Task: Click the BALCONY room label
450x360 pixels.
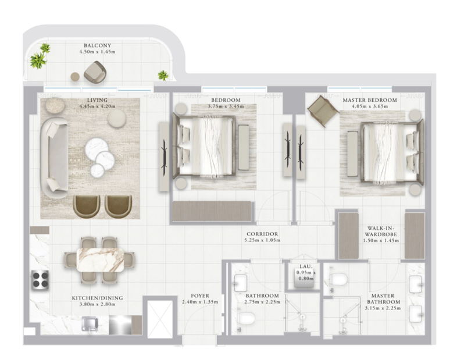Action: [x=97, y=45]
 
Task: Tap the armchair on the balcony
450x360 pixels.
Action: [x=95, y=72]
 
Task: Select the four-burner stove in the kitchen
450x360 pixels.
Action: [x=40, y=280]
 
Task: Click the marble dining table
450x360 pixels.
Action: [x=100, y=260]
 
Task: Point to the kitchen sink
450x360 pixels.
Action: [x=90, y=325]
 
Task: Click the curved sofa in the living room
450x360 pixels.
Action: [x=53, y=158]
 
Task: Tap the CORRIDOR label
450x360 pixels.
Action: [x=262, y=234]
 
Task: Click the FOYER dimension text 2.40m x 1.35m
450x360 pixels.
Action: [x=200, y=302]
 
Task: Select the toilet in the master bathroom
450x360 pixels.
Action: [x=338, y=279]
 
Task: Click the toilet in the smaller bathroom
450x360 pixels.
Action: [x=247, y=318]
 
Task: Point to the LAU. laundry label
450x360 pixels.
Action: [x=306, y=267]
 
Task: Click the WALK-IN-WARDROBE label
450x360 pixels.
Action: [x=381, y=231]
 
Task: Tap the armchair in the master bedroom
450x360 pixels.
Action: [x=323, y=111]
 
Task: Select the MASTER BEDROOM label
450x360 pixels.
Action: [x=370, y=100]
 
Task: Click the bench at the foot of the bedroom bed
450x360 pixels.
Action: [x=244, y=148]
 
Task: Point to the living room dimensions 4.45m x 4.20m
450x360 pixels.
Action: [x=97, y=106]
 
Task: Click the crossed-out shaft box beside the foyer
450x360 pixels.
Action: [x=160, y=319]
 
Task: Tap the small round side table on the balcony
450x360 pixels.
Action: [x=75, y=77]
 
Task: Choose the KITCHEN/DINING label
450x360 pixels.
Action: [x=97, y=298]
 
